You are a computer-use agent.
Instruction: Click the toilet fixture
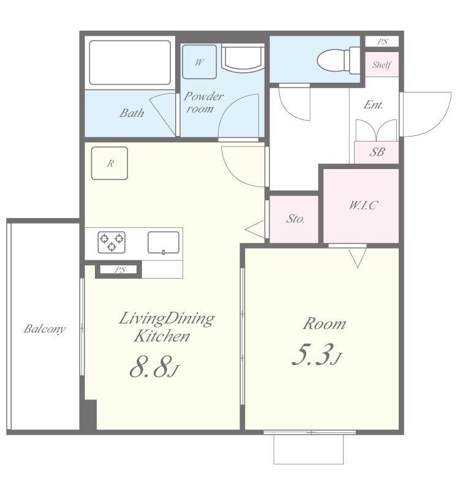point(338,60)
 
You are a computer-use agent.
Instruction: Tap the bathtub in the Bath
point(130,62)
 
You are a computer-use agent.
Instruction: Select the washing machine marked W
point(199,62)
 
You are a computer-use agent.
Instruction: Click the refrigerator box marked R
point(110,163)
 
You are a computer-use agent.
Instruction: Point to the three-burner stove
point(111,242)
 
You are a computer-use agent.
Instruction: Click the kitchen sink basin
point(164,243)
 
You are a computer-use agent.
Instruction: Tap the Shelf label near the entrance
point(382,65)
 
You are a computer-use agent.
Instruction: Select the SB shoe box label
point(377,152)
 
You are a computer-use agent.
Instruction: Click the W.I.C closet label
point(364,205)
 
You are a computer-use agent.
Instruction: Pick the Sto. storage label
point(295,219)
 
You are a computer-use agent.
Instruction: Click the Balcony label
point(45,329)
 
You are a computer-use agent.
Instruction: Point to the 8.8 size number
point(150,366)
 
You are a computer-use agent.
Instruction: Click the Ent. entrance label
point(374,104)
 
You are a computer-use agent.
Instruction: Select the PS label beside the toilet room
point(382,41)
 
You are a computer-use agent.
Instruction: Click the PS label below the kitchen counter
point(120,269)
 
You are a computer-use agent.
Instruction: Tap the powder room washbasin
point(243,58)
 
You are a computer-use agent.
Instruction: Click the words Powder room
point(203,102)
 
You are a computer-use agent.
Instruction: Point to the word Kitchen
point(162,336)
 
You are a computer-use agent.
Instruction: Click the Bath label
point(132,113)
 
